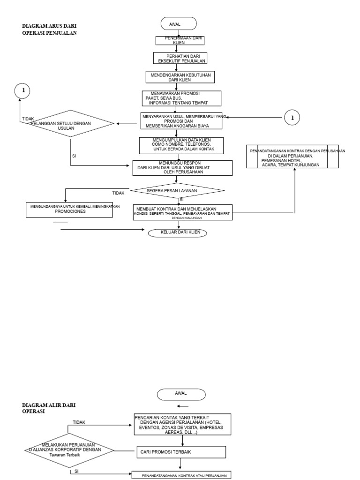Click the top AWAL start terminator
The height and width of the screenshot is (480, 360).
click(x=179, y=23)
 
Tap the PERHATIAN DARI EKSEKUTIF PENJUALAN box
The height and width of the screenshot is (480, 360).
click(x=180, y=58)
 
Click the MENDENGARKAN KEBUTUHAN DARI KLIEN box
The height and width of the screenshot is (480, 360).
click(x=179, y=77)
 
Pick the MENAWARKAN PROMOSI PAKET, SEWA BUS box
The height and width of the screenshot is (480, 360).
click(x=181, y=98)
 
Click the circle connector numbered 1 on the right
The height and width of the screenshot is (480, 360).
click(x=292, y=118)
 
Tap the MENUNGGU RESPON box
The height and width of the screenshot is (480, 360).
click(x=182, y=168)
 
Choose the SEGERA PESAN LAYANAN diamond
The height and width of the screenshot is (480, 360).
click(x=177, y=191)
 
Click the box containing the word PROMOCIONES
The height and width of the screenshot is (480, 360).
click(x=69, y=209)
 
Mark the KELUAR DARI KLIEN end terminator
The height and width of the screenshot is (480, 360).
click(x=177, y=233)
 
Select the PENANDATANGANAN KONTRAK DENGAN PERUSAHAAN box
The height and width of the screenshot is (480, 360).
click(x=293, y=157)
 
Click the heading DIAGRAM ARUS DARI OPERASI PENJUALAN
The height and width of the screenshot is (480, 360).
click(x=49, y=30)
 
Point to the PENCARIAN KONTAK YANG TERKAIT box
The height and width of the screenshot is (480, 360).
click(x=182, y=424)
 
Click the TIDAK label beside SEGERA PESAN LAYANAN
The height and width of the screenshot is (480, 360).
click(x=119, y=193)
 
